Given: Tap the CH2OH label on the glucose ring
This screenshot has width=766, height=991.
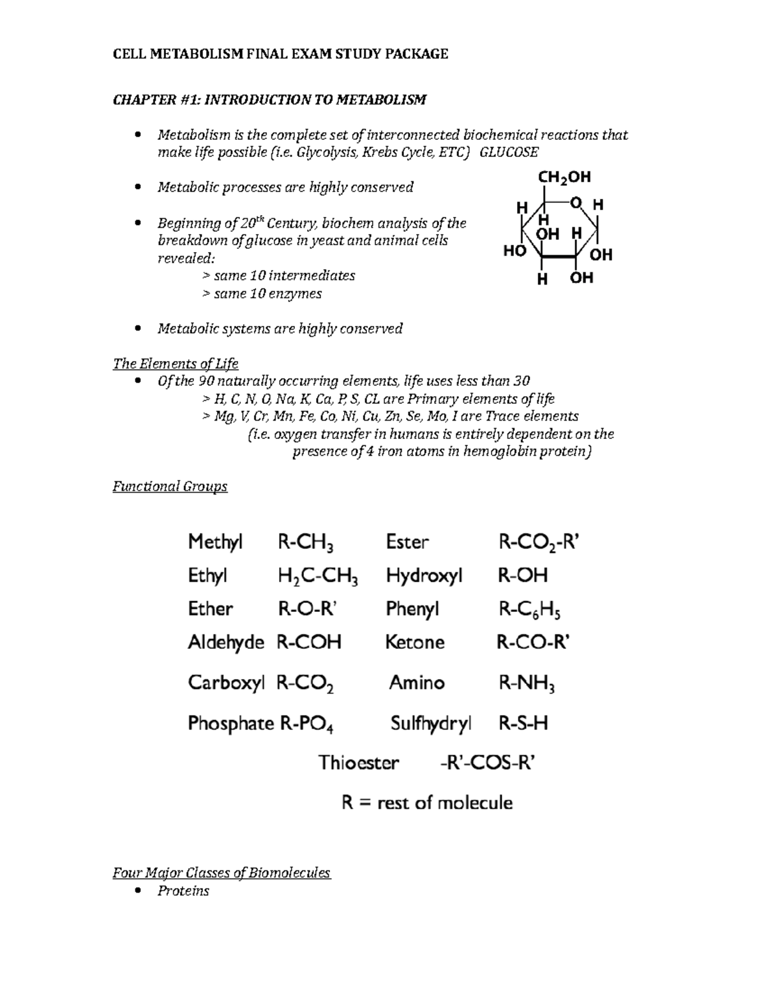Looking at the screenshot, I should point(564,177).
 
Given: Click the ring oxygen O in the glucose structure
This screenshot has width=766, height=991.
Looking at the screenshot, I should point(576,203).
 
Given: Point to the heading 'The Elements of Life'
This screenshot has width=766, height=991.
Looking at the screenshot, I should point(176,364).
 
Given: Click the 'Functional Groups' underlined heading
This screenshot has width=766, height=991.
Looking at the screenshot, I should point(170,486).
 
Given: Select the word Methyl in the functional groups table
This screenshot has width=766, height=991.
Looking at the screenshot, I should point(215,542).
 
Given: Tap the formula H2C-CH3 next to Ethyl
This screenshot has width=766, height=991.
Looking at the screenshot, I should point(317,577).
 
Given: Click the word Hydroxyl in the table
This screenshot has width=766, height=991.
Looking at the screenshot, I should point(424,576).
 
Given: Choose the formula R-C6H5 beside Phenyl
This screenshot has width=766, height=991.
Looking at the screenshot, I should point(529,611).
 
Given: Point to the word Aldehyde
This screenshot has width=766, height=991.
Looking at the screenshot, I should point(225,642).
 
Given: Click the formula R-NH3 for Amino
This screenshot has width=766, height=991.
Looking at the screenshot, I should point(526,684).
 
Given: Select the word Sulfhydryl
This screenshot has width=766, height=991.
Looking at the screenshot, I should point(431,724).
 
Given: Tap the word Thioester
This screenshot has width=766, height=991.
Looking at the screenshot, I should point(359,763).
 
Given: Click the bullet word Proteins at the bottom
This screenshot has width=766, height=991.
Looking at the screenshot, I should point(183,891).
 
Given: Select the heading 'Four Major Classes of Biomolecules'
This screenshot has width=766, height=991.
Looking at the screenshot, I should point(222,872).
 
